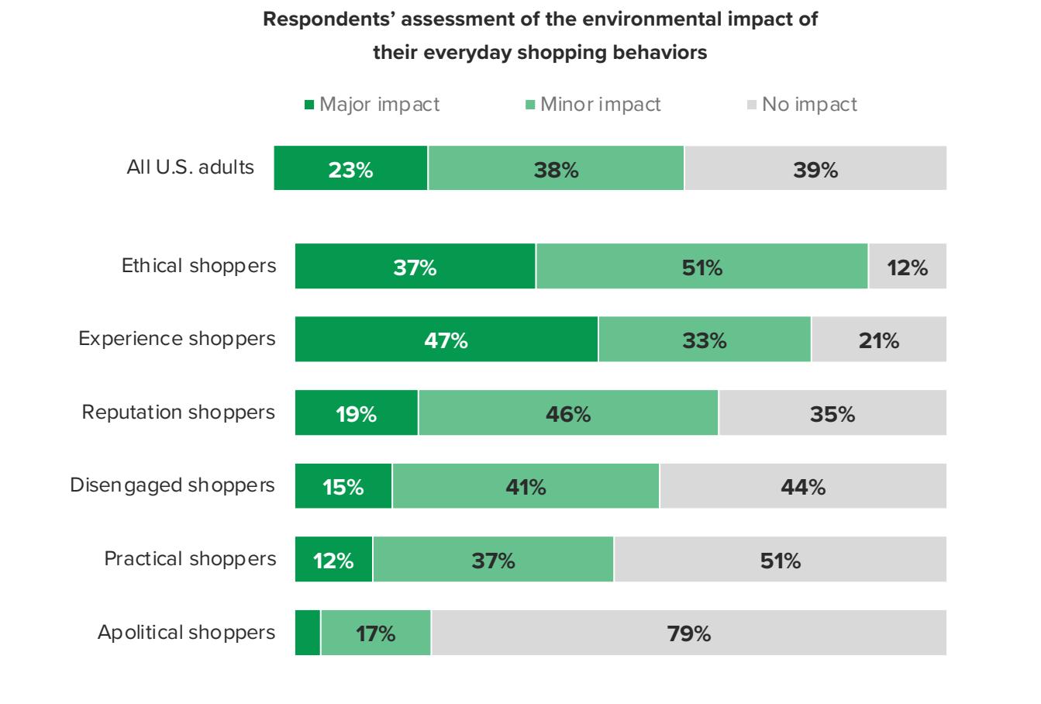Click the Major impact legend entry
372,104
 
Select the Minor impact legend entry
593,104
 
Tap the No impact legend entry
803,104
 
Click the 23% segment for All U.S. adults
350,168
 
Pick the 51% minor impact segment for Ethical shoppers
701,267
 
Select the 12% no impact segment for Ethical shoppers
907,267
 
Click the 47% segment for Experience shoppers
446,340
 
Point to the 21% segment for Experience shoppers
878,340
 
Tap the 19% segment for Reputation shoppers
357,413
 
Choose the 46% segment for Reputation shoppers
568,413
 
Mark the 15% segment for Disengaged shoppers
343,486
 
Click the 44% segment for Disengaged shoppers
803,486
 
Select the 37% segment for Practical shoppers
493,560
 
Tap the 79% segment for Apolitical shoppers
688,633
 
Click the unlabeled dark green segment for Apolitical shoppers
308,633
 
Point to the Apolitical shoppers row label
186,633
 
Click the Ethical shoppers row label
198,266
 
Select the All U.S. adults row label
190,167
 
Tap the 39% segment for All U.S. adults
815,168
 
